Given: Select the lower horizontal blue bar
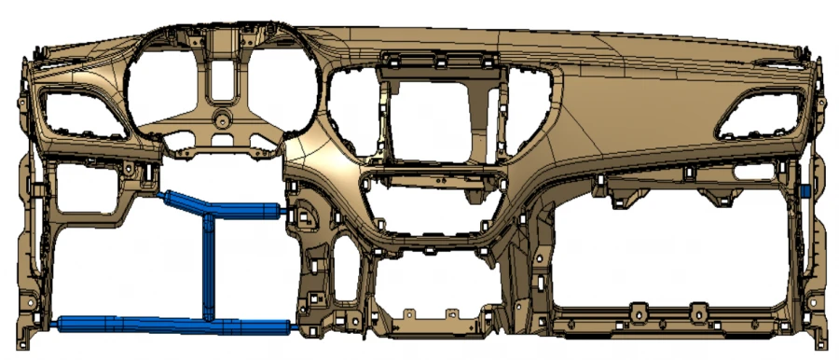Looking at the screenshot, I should click(x=172, y=325).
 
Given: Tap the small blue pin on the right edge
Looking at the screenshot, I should click(x=803, y=190).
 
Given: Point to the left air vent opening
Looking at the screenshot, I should click(x=79, y=111).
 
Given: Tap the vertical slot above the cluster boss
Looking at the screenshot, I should click(x=221, y=82).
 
